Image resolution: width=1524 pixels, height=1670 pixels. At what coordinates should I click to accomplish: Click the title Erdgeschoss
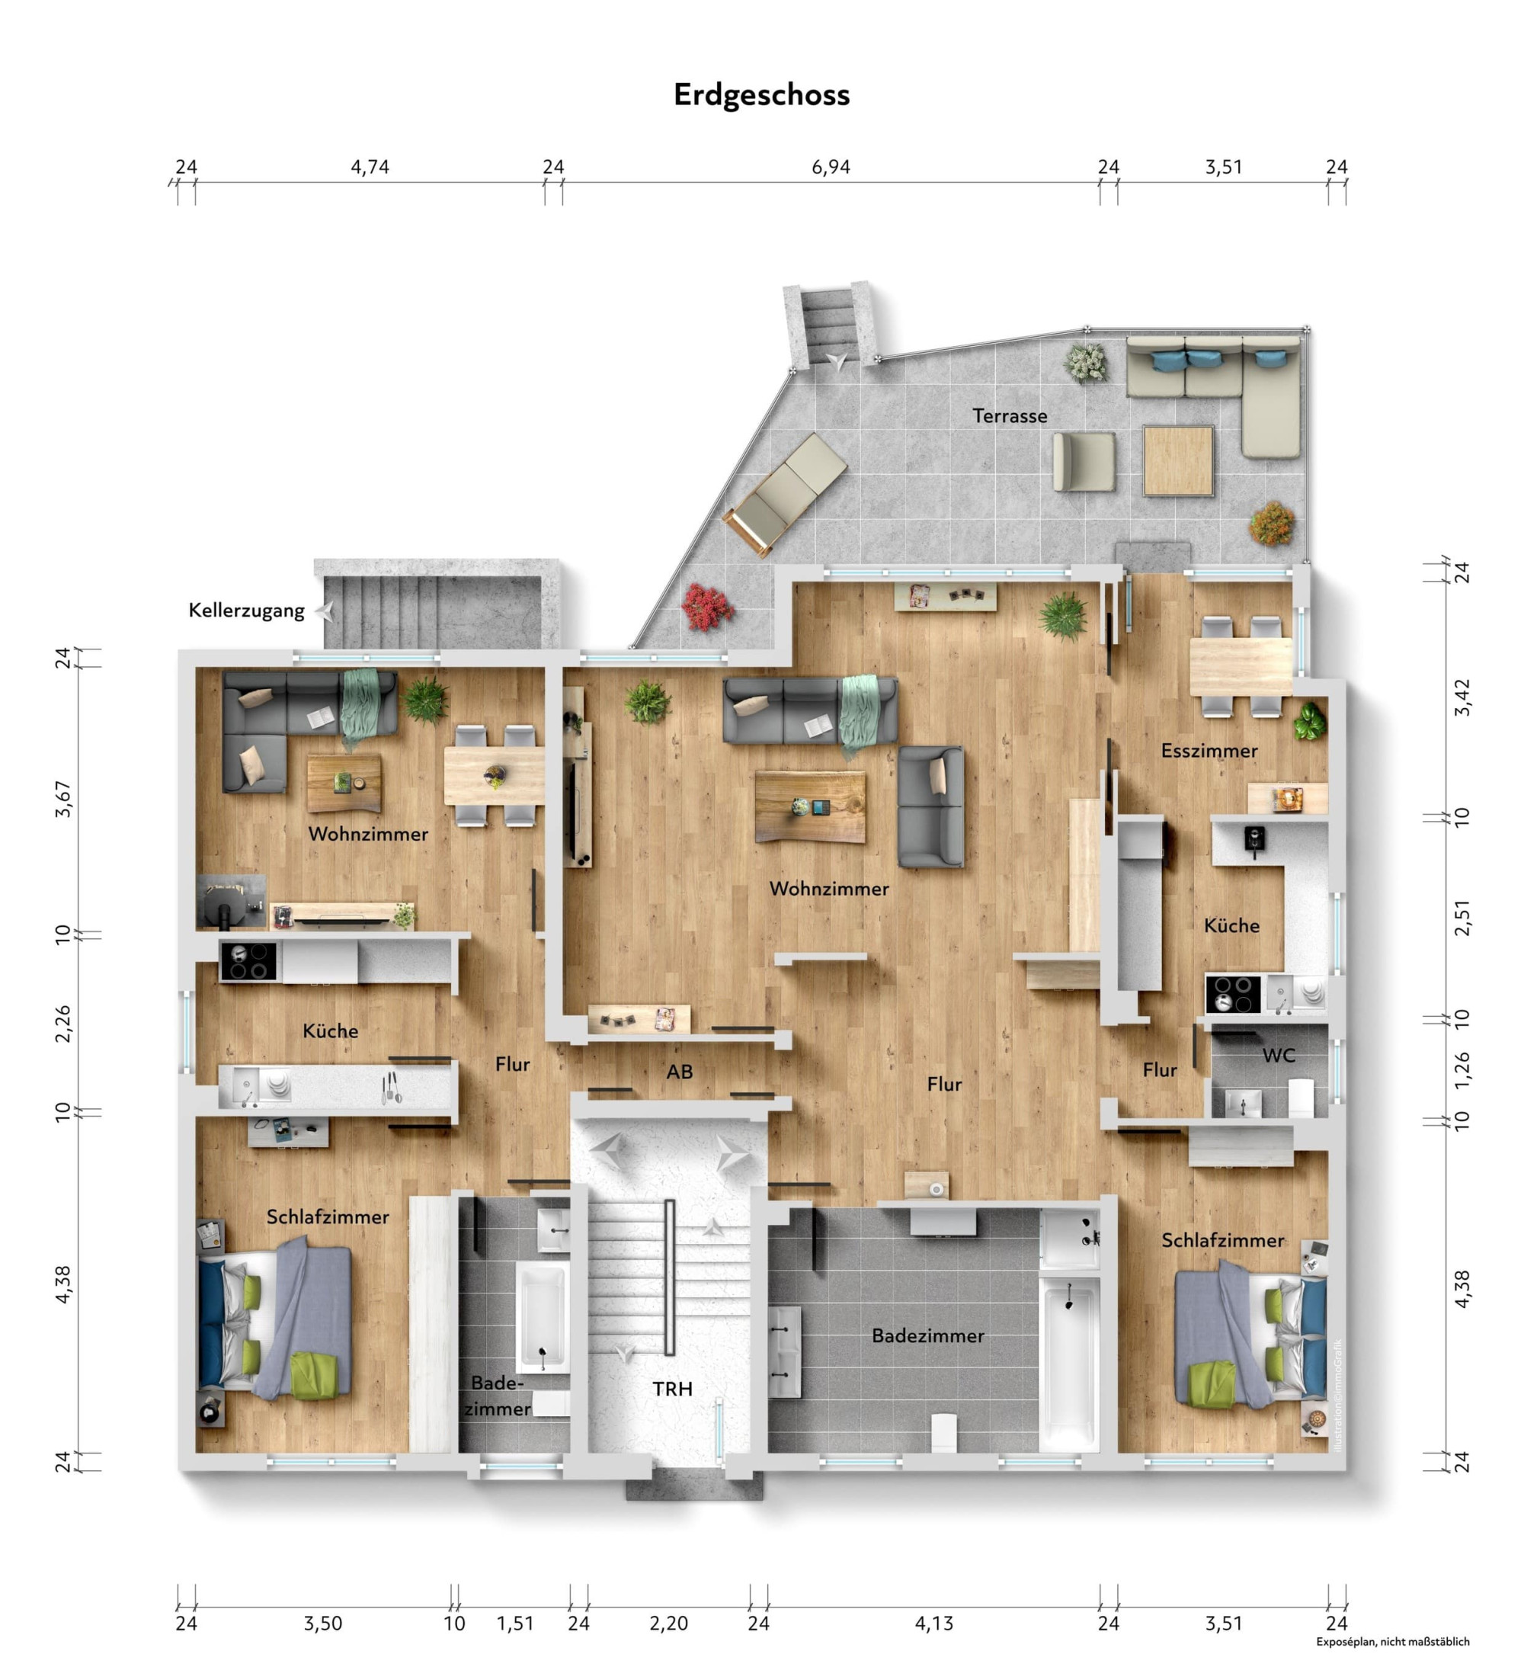[x=761, y=95]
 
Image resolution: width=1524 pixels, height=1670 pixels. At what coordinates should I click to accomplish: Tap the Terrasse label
[x=1010, y=416]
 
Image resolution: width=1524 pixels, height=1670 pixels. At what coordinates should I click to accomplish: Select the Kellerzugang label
[x=247, y=611]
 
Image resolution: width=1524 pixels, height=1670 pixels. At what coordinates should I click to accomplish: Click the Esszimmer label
[x=1209, y=751]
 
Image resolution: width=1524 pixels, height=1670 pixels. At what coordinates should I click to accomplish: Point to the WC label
[x=1279, y=1056]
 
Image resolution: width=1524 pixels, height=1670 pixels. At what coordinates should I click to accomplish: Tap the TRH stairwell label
[x=672, y=1388]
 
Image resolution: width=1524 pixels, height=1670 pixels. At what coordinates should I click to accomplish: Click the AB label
[x=679, y=1072]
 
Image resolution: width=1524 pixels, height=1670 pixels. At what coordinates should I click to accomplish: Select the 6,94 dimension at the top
[x=831, y=168]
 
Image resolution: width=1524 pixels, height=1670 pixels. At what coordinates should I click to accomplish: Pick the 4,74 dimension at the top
[x=370, y=168]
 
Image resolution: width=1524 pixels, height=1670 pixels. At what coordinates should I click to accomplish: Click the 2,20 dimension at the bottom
[x=668, y=1624]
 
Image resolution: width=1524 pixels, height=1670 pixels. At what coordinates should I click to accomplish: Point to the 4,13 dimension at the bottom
[x=934, y=1624]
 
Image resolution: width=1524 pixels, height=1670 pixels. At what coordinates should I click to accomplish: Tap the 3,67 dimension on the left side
[x=63, y=799]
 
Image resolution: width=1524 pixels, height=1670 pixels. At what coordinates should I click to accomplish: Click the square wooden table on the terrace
[x=1178, y=460]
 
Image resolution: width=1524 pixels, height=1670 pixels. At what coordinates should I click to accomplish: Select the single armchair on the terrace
[x=1084, y=461]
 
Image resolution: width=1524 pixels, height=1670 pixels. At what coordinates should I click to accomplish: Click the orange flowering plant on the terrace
[x=1273, y=523]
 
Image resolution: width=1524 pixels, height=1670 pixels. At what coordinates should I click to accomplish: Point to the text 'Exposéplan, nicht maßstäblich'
[x=1393, y=1641]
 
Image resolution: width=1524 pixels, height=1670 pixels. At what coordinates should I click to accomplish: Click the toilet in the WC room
[x=1301, y=1097]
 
